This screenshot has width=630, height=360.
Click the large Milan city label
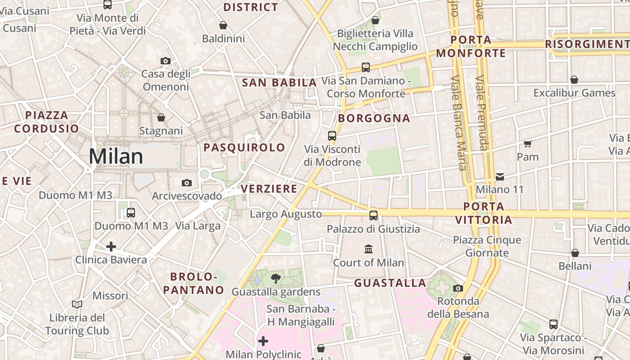(116, 157)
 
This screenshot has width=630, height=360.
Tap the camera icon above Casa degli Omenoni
(166, 61)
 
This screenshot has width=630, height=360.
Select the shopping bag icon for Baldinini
(223, 25)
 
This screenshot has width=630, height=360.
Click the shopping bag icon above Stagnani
(161, 118)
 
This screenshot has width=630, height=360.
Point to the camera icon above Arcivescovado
(187, 183)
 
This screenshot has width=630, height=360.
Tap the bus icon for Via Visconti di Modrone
(332, 135)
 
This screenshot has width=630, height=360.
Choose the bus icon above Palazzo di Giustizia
(373, 215)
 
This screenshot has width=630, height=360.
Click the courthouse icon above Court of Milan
(369, 249)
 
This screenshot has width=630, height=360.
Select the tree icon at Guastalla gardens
(276, 279)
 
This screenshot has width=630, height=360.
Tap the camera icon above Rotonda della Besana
(458, 288)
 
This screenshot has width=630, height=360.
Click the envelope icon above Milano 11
(500, 176)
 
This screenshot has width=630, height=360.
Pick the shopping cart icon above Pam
(528, 144)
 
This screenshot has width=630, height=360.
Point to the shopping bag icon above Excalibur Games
(574, 80)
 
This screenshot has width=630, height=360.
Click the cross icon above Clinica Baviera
(111, 247)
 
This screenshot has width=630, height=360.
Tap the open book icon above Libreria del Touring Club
(77, 305)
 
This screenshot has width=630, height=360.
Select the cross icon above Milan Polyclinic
(263, 341)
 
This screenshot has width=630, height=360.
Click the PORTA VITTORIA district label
(484, 213)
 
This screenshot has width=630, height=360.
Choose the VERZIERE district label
(269, 189)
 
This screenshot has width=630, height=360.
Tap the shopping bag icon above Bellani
(575, 253)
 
